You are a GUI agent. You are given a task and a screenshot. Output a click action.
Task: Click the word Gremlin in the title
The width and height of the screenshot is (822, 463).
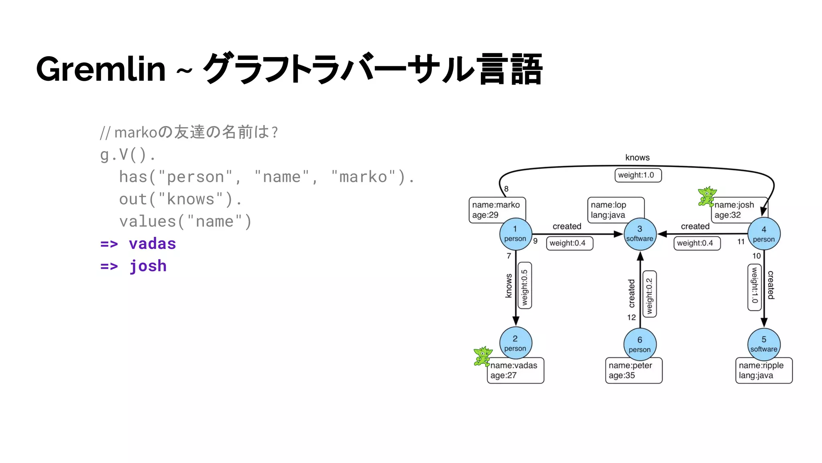point(101,69)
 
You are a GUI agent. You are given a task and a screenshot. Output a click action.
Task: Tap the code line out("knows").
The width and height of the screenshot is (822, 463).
point(180,199)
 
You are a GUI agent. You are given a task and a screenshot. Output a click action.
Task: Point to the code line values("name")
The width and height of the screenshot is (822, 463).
point(185,221)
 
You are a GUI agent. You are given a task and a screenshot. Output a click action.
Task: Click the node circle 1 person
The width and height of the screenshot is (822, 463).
point(515,234)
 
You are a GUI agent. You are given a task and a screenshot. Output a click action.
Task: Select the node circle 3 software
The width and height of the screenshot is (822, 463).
point(640,234)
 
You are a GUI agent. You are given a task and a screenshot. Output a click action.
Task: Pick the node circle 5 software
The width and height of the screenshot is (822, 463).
point(764,344)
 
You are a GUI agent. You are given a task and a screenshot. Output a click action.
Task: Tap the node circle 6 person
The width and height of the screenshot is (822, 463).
point(640,344)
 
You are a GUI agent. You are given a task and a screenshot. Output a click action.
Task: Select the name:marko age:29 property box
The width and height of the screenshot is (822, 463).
point(496,209)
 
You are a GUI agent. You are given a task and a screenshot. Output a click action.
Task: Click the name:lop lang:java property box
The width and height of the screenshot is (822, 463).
point(615,209)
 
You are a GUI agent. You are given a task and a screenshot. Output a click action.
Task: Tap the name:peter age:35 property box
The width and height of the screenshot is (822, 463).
point(633,370)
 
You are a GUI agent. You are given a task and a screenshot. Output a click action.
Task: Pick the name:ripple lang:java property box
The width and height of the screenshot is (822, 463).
point(763,370)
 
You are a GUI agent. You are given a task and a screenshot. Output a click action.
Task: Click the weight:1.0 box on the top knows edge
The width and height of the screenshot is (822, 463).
point(637,175)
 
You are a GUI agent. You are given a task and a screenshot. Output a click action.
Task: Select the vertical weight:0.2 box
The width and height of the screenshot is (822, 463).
point(649,294)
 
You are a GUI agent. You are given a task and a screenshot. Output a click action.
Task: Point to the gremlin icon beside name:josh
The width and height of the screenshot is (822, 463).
point(706,196)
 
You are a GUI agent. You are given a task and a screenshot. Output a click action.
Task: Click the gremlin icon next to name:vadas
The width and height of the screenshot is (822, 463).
point(482,356)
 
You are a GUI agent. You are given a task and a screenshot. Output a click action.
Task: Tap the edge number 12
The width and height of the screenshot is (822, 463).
point(631,318)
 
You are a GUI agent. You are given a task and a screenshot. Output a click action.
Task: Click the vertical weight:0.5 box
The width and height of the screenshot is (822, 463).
point(525,286)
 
